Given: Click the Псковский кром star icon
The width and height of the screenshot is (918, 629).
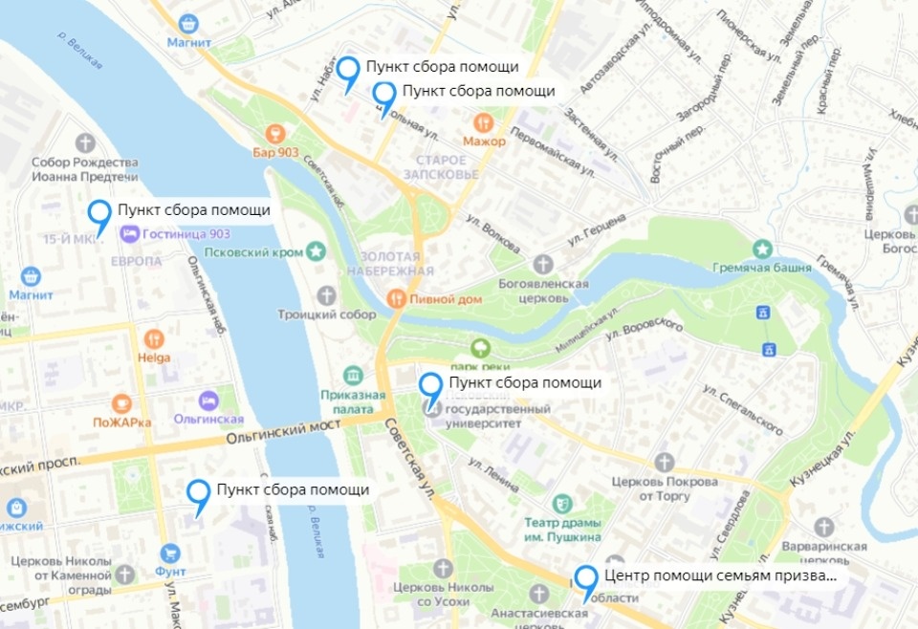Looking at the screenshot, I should click(x=316, y=251).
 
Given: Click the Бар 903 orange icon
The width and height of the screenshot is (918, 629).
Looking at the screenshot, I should click(x=276, y=132).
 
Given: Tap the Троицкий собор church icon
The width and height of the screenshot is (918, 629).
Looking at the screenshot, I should click(x=327, y=294).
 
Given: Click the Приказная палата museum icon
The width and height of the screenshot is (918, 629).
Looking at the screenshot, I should click(x=353, y=374).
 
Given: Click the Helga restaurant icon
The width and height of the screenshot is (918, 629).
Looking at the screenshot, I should click(x=154, y=338).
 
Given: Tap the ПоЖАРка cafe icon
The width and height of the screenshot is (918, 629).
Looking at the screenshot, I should click(x=121, y=402).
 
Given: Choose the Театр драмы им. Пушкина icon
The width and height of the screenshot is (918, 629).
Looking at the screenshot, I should click(x=560, y=502).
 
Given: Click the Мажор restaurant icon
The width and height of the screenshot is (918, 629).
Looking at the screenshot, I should click(x=484, y=122).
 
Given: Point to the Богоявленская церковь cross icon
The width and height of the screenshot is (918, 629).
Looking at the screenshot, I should click(x=542, y=263).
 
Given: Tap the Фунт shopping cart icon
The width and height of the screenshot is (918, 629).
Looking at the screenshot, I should click(x=171, y=553).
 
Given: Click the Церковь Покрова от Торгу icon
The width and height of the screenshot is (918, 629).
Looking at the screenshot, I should click(x=665, y=462).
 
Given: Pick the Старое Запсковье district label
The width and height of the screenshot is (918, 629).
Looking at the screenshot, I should click(x=441, y=167).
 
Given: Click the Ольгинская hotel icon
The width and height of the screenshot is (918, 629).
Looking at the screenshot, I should click(x=208, y=400).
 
